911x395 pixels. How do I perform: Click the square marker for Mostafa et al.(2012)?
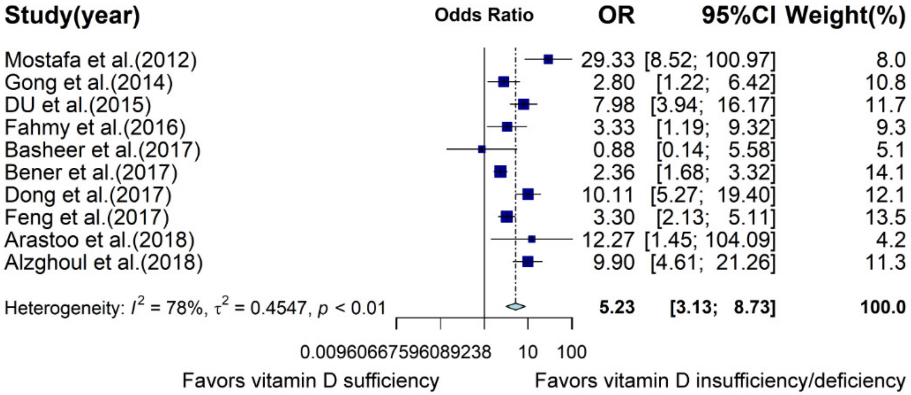tap(548, 59)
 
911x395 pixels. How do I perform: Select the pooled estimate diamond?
tap(516, 306)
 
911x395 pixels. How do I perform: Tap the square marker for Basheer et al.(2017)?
tap(482, 149)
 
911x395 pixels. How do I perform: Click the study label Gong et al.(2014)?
tap(88, 82)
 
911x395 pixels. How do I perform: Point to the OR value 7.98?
tap(614, 105)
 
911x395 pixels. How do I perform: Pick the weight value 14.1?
tap(885, 172)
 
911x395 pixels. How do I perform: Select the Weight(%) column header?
tap(845, 16)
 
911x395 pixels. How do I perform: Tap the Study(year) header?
tap(72, 16)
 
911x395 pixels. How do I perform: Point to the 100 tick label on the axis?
tap(572, 352)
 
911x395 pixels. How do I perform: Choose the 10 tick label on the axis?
tap(528, 352)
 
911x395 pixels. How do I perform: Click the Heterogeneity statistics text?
tap(195, 307)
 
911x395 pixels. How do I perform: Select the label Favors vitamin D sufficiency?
tap(311, 381)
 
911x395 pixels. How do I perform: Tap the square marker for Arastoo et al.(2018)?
tap(532, 240)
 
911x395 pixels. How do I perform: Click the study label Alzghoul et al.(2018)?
tap(104, 262)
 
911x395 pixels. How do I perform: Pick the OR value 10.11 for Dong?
tap(609, 195)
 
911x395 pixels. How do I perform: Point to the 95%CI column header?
tap(738, 16)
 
